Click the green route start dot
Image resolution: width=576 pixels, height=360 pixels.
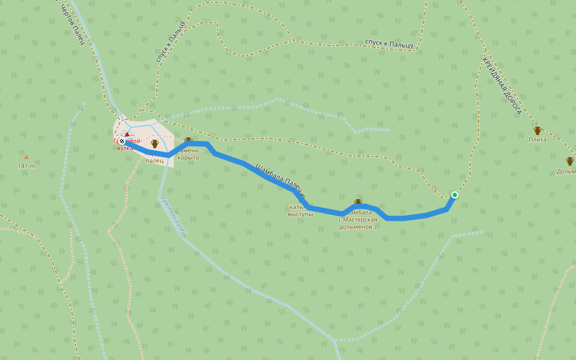click(x=455, y=195)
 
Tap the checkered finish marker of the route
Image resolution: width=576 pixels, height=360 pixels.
click(x=122, y=141)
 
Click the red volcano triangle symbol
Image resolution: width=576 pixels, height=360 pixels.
click(x=127, y=134)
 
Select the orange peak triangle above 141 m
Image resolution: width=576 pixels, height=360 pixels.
click(x=26, y=157)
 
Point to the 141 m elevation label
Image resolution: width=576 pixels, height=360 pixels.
click(x=26, y=166)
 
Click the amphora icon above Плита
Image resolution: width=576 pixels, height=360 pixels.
click(x=537, y=130)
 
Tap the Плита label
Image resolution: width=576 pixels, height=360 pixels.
click(x=537, y=140)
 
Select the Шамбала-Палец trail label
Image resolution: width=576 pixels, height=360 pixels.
click(x=280, y=179)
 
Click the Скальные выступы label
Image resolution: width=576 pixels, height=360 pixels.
click(x=301, y=210)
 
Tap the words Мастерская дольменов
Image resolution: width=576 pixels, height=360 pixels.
click(x=358, y=223)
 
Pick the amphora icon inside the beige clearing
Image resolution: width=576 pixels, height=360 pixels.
click(x=154, y=143)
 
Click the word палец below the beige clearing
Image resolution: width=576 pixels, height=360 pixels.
click(x=154, y=161)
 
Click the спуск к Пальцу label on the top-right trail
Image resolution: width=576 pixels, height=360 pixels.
click(x=389, y=44)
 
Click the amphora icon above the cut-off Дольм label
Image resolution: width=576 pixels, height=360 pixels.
click(x=569, y=161)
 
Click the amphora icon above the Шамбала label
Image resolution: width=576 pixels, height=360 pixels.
click(x=358, y=202)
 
